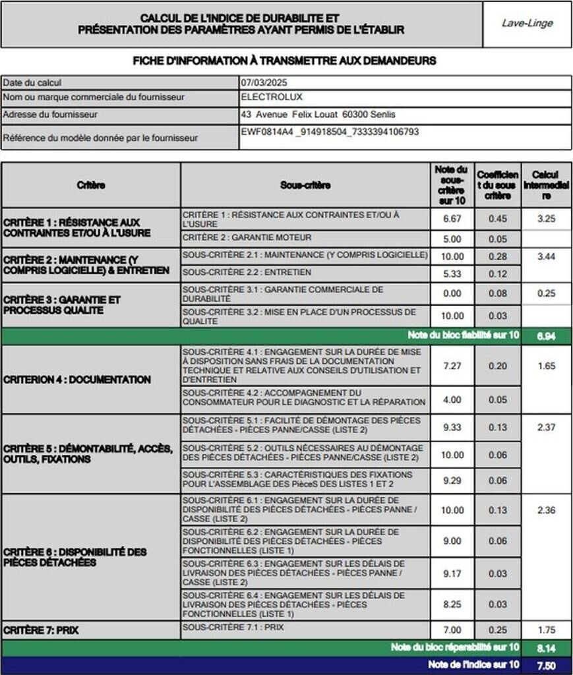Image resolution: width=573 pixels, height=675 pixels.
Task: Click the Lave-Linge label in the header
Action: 527,23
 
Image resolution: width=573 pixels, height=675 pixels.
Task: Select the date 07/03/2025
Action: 264,83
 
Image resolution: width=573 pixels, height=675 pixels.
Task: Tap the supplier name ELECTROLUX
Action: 272,97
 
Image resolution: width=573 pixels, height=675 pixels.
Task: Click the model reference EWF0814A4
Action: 266,132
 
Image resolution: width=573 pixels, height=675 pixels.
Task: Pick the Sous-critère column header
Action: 305,186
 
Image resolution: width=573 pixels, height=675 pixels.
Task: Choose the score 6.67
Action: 452,219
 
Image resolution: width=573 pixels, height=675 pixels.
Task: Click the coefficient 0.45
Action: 498,219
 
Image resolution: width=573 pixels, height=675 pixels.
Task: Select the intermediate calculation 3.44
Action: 546,256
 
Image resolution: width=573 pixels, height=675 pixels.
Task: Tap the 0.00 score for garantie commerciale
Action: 452,293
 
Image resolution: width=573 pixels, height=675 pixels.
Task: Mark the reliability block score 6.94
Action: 546,336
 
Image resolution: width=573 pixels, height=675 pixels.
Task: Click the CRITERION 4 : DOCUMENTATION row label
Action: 77,380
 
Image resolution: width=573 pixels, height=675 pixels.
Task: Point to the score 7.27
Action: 452,366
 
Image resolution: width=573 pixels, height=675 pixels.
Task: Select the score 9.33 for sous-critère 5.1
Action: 452,427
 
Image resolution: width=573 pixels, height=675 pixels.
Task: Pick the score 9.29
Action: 452,481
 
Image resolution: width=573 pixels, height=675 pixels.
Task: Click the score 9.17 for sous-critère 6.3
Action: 452,573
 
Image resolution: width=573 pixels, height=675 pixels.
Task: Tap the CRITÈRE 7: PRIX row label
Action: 41,630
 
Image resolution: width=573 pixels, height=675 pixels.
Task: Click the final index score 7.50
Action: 546,665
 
